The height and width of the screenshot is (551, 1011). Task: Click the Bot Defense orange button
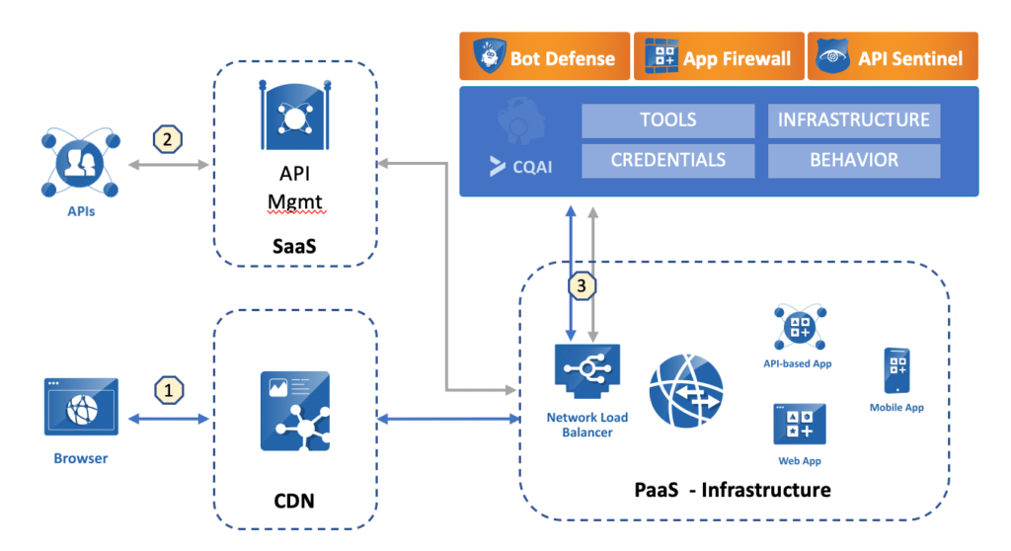pyautogui.click(x=543, y=57)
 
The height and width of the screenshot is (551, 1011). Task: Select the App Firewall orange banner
pyautogui.click(x=718, y=57)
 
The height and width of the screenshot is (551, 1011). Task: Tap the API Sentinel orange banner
pyautogui.click(x=893, y=57)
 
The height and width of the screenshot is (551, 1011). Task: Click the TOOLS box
pyautogui.click(x=667, y=120)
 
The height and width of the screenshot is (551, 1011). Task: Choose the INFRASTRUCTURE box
pyautogui.click(x=853, y=120)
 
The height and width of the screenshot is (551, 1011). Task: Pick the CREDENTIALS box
pyautogui.click(x=667, y=160)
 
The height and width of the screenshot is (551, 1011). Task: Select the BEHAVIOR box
pyautogui.click(x=853, y=160)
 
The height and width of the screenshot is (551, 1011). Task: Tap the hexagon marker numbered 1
pyautogui.click(x=168, y=389)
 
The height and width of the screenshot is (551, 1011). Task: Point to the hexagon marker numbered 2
pyautogui.click(x=168, y=139)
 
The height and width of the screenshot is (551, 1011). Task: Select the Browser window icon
pyautogui.click(x=81, y=407)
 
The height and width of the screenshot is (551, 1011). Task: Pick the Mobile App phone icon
pyautogui.click(x=896, y=371)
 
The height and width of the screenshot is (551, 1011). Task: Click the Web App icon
pyautogui.click(x=799, y=425)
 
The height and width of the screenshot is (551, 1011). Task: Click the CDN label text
pyautogui.click(x=293, y=501)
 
